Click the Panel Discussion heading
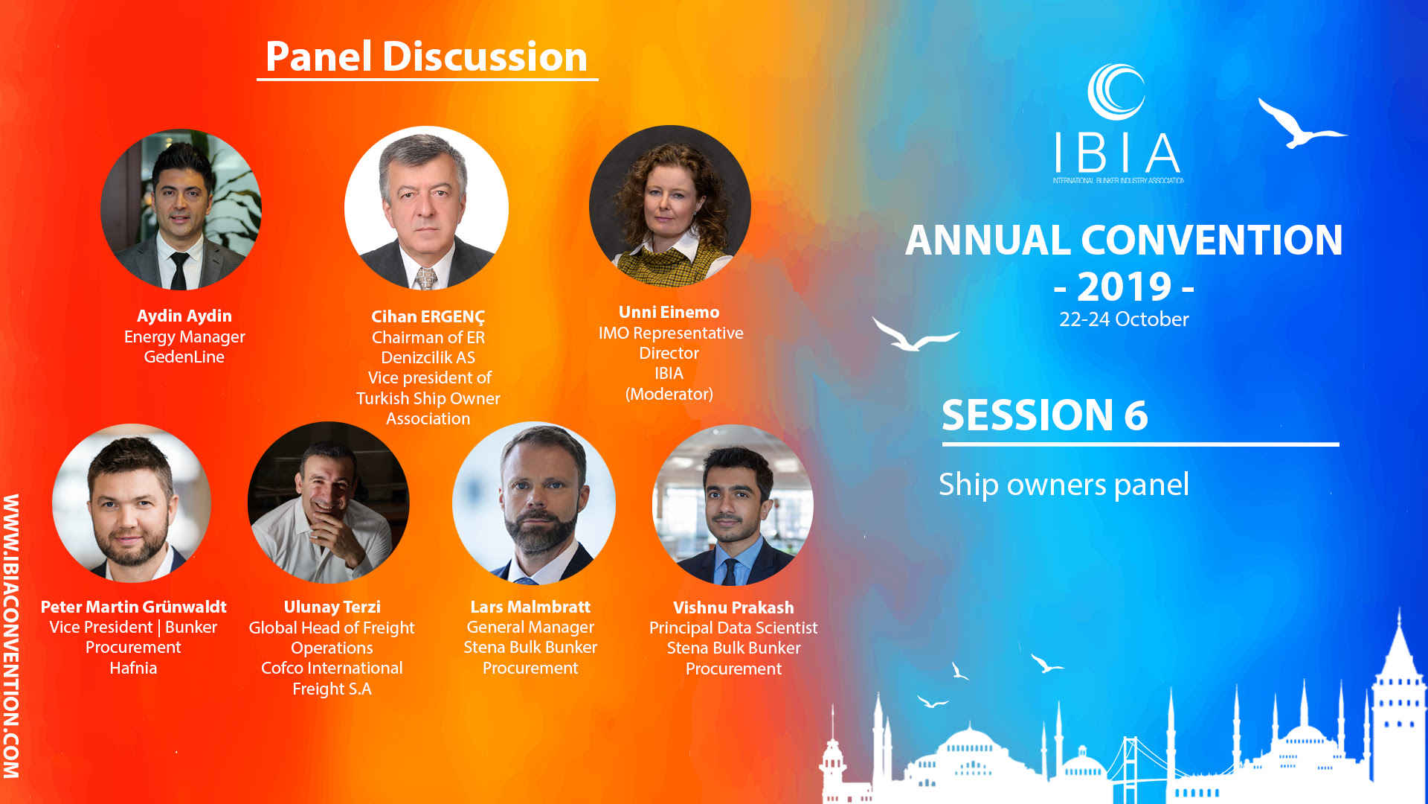(426, 57)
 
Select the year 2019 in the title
(1124, 287)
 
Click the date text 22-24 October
(1124, 319)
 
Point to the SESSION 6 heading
(1044, 415)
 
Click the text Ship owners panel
(1064, 485)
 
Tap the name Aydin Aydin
(184, 316)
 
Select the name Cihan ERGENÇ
(428, 317)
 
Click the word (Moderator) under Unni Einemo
(669, 394)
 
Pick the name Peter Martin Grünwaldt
(133, 607)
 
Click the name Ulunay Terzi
(332, 607)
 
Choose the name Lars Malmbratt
(530, 607)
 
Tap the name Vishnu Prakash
(733, 607)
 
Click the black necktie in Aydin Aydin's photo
(178, 271)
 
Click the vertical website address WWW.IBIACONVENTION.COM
(11, 636)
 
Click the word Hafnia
(133, 668)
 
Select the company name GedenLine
(184, 357)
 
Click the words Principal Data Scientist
(733, 628)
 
